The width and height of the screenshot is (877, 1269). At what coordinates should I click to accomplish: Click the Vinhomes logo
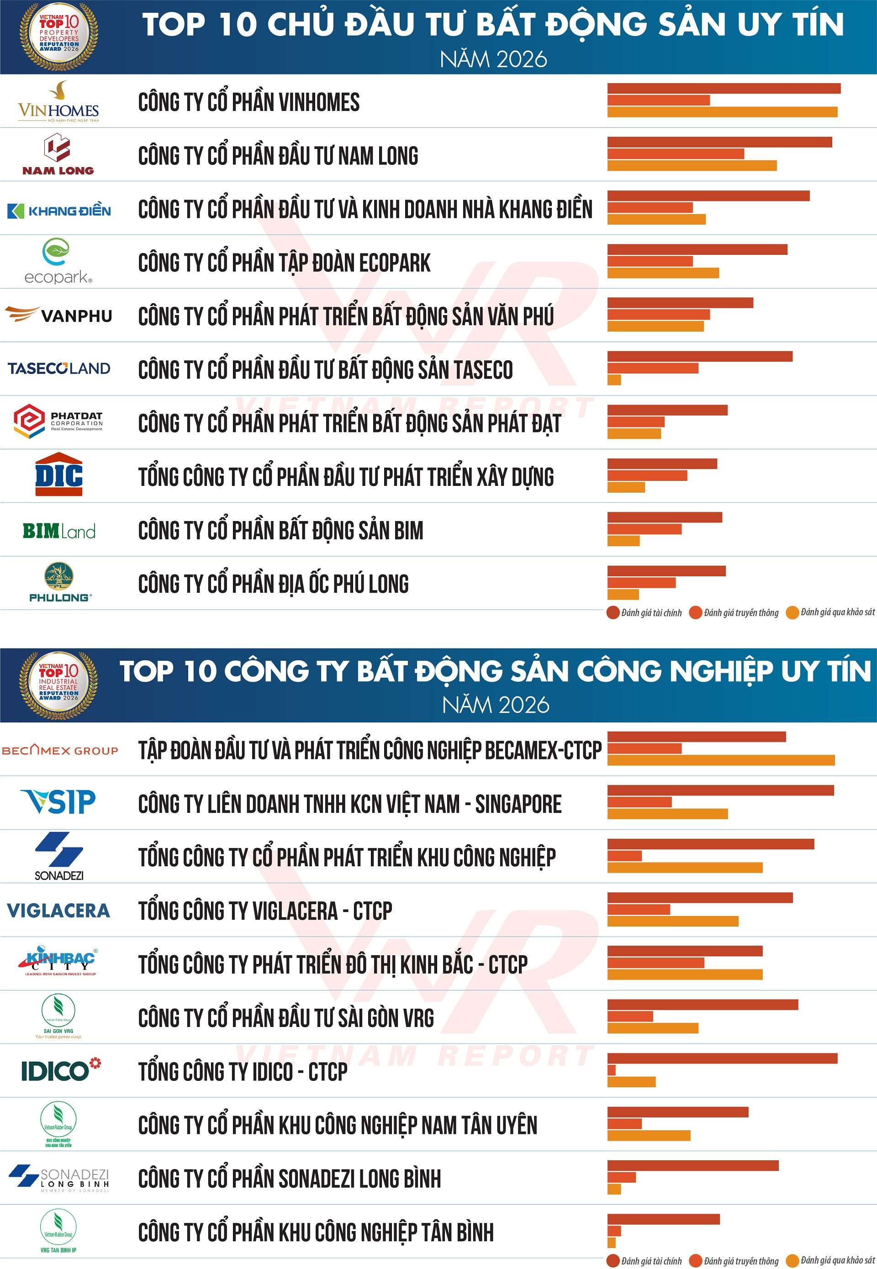(x=58, y=102)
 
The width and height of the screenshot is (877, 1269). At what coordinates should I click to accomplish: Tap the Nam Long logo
(x=58, y=154)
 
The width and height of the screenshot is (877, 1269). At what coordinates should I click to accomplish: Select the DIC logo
(x=59, y=474)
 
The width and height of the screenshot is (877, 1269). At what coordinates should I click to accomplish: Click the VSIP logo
(x=58, y=801)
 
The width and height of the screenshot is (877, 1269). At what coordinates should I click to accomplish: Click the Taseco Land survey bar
(x=614, y=379)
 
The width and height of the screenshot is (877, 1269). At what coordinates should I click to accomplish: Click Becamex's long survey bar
(x=720, y=760)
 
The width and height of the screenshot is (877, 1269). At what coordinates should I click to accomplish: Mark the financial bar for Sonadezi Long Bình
(x=692, y=1166)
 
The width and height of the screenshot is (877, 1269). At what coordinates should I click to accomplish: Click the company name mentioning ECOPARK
(x=284, y=263)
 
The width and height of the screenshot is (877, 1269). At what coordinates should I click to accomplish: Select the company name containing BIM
(x=280, y=530)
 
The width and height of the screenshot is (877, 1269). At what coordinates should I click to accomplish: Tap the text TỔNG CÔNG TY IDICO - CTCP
(x=243, y=1071)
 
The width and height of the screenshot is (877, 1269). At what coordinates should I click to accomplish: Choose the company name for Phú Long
(x=273, y=584)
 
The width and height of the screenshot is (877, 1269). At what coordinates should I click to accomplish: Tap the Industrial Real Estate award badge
(x=59, y=685)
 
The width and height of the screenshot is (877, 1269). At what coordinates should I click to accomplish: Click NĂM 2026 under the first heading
(x=493, y=59)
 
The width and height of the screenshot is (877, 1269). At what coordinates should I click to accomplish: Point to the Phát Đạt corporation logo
(x=58, y=421)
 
